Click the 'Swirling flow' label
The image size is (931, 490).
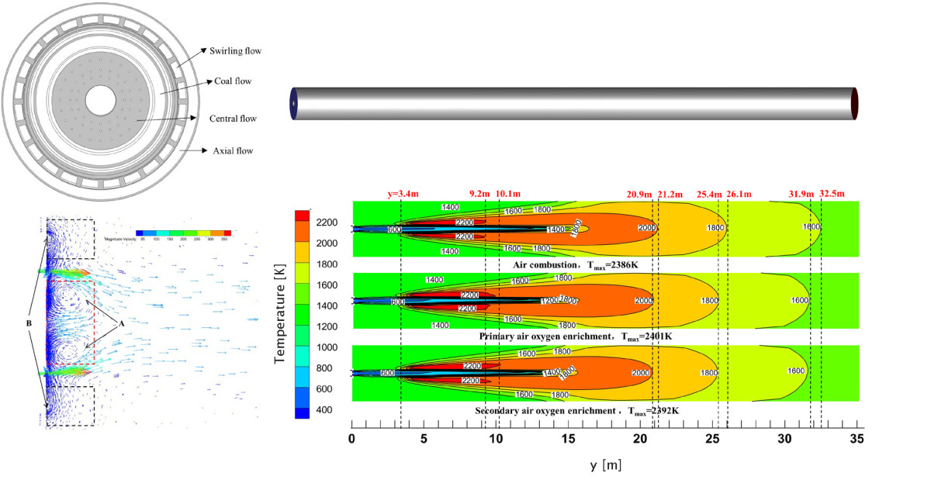(x=235, y=51)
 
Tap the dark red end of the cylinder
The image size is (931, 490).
(x=855, y=103)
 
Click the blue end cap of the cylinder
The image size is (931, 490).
(x=294, y=103)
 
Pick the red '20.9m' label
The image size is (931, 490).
(x=641, y=193)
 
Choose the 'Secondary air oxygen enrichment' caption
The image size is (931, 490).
(x=544, y=409)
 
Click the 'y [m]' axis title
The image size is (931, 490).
(x=604, y=465)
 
